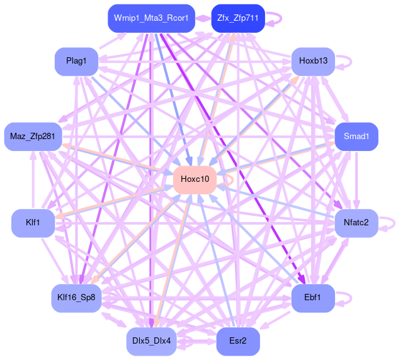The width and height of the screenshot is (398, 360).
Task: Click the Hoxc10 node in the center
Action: click(x=195, y=179)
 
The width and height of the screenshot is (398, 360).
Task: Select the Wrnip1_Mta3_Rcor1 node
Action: click(x=151, y=18)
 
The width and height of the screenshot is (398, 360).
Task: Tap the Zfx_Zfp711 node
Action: click(x=238, y=18)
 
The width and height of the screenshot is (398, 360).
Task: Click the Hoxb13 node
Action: click(x=313, y=61)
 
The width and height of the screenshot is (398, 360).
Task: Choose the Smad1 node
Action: click(x=356, y=136)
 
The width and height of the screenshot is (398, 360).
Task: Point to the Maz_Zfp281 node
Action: click(x=33, y=136)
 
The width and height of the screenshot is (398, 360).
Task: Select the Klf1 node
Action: click(x=33, y=223)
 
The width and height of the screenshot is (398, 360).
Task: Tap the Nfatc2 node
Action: click(x=356, y=222)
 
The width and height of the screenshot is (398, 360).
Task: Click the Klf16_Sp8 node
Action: click(x=76, y=298)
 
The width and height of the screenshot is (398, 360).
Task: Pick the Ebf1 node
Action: click(x=313, y=298)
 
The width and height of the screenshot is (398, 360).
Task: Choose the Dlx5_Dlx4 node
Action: click(x=151, y=341)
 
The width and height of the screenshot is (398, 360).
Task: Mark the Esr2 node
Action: click(x=238, y=341)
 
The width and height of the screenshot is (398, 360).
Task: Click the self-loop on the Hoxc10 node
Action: click(x=232, y=179)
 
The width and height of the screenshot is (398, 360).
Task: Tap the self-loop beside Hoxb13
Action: click(x=349, y=61)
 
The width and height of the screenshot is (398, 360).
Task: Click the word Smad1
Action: click(x=356, y=136)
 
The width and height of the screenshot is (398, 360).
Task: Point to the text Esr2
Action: click(x=238, y=341)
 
